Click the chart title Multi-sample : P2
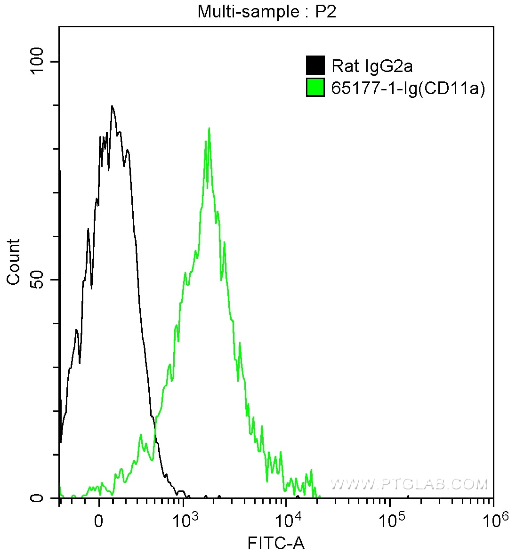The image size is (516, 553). coord(267,11)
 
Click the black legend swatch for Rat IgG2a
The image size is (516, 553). coord(315,65)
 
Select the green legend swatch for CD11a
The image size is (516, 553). coord(315,88)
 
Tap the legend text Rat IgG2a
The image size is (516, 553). coord(372,66)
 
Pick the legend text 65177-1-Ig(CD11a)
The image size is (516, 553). coord(408,88)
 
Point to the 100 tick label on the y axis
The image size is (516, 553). coord(37,62)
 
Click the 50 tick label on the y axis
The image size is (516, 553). coord(37,280)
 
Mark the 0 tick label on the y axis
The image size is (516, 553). coord(37,497)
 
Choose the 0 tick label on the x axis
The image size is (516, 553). coord(99,521)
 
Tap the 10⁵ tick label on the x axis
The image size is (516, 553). coord(390,520)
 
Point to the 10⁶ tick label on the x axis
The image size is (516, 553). coord(492,520)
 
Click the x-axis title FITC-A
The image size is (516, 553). coord(276,544)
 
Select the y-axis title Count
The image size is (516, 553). coord(14,262)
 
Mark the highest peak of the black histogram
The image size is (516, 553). coord(112,106)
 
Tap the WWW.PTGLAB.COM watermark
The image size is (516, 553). coord(409,484)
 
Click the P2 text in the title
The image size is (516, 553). coord(325,11)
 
